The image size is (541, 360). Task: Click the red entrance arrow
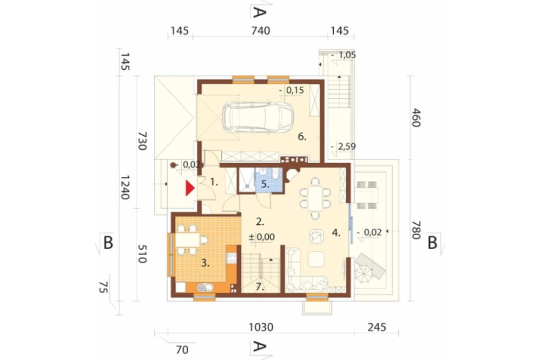[x=190, y=188]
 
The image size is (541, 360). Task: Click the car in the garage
[x=258, y=117]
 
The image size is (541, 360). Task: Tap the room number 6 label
[x=302, y=137]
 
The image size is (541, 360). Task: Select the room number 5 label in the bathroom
[x=265, y=184]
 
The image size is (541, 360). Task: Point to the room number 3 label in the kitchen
[x=205, y=263]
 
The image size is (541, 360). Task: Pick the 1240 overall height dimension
[x=124, y=187]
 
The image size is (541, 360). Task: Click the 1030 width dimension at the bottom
[x=261, y=327]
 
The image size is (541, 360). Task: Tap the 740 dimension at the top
[x=261, y=31]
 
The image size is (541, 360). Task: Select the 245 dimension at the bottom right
[x=377, y=327]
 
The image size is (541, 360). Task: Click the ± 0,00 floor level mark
[x=262, y=237]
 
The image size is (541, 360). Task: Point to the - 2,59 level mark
[x=344, y=147]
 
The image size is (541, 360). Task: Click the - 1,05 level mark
[x=344, y=55]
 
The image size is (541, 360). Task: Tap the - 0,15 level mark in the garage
[x=292, y=90]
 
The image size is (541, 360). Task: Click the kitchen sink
[x=205, y=288]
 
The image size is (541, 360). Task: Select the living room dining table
[x=315, y=198]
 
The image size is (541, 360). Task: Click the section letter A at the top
[x=260, y=12]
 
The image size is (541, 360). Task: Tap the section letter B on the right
[x=432, y=243]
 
